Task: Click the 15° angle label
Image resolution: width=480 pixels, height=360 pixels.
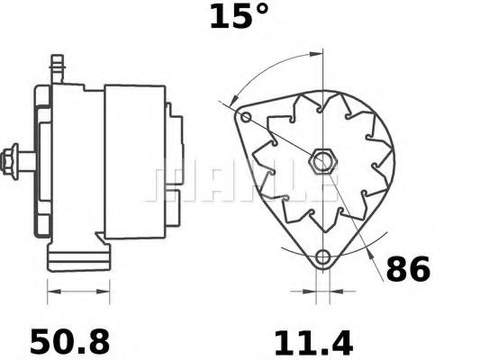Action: pyautogui.click(x=239, y=15)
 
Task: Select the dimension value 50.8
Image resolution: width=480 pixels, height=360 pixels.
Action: pyautogui.click(x=69, y=342)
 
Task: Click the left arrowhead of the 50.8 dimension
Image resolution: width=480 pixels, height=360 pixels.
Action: pyautogui.click(x=50, y=292)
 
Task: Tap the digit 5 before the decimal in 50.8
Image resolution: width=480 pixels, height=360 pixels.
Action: pyautogui.click(x=41, y=342)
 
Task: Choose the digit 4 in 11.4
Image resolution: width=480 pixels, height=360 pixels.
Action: pyautogui.click(x=340, y=342)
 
